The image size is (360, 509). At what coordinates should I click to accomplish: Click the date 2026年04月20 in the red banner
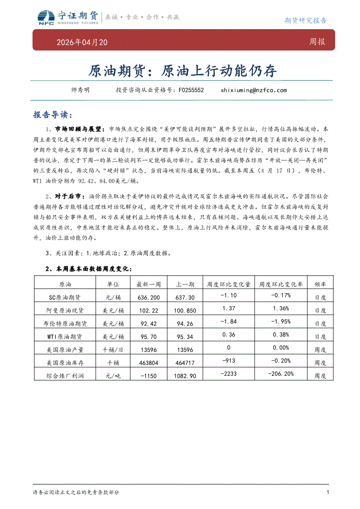click(x=82, y=42)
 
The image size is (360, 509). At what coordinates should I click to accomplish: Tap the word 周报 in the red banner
click(x=317, y=42)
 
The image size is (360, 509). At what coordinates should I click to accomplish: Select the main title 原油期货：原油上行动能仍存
click(x=183, y=71)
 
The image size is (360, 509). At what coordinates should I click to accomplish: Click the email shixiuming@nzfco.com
click(x=254, y=90)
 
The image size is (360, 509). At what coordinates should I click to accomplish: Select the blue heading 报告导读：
click(x=51, y=115)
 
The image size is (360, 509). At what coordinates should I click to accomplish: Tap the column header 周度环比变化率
click(x=281, y=284)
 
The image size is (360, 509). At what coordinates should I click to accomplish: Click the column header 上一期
click(x=185, y=284)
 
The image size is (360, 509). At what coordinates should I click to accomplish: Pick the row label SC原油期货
click(x=65, y=297)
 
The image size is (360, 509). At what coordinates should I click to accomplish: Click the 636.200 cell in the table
click(x=149, y=297)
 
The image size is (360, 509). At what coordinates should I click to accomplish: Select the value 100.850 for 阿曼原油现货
click(x=185, y=310)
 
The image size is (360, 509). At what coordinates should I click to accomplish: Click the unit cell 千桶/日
click(x=113, y=350)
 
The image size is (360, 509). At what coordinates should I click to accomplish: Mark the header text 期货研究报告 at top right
click(x=305, y=20)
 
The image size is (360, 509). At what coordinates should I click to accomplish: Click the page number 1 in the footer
click(x=328, y=492)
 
